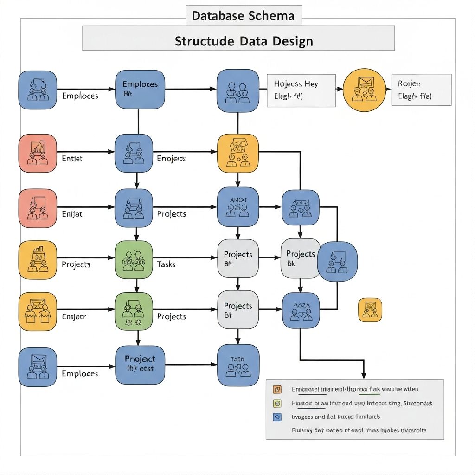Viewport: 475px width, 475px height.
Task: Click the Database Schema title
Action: click(x=243, y=16)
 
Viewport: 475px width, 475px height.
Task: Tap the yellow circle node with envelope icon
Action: click(x=364, y=90)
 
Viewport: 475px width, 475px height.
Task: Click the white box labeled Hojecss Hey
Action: click(x=301, y=90)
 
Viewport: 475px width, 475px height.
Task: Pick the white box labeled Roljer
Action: click(x=421, y=90)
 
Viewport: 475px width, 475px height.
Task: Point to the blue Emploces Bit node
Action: click(x=140, y=89)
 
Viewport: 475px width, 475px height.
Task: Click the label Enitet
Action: click(x=72, y=158)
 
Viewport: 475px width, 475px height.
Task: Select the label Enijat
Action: click(x=72, y=214)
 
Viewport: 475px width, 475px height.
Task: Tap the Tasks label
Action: click(x=166, y=264)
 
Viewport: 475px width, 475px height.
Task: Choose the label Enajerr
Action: click(x=74, y=316)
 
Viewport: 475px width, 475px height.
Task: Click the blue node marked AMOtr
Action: click(x=237, y=207)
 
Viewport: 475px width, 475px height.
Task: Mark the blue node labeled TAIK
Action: click(x=237, y=365)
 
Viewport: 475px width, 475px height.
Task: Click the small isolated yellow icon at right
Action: click(x=370, y=310)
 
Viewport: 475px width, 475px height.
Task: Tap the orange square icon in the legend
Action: click(x=277, y=389)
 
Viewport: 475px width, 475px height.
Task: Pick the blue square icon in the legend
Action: click(x=277, y=417)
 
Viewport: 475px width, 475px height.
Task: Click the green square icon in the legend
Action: click(x=277, y=403)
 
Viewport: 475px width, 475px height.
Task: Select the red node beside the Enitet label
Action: click(x=38, y=153)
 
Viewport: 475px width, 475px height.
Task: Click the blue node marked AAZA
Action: click(x=301, y=311)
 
